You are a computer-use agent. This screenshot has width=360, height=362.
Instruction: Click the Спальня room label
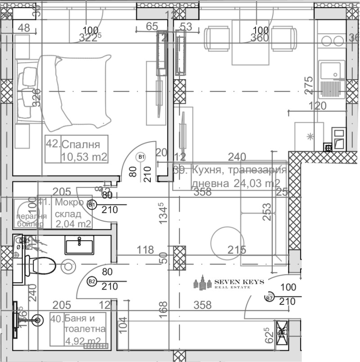click(x=80, y=144)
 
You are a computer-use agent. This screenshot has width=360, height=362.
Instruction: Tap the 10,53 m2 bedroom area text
click(x=84, y=156)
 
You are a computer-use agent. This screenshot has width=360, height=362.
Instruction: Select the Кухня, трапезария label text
click(x=239, y=170)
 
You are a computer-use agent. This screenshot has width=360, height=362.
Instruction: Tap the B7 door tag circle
click(x=269, y=297)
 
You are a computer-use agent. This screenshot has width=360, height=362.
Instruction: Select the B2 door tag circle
click(x=92, y=282)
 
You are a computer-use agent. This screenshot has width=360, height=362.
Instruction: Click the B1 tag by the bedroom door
click(x=141, y=157)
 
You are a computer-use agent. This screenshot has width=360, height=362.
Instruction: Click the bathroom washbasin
click(x=79, y=246)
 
